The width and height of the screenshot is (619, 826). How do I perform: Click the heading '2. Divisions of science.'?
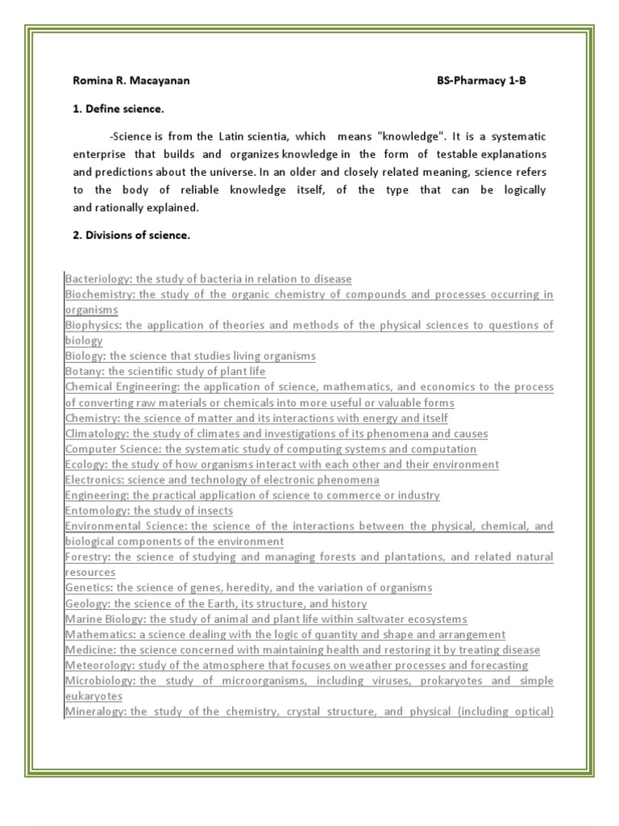[x=131, y=235]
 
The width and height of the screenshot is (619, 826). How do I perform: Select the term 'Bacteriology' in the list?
[x=96, y=279]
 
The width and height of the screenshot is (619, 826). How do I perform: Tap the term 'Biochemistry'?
[x=99, y=294]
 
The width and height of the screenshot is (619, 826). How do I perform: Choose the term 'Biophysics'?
[x=93, y=325]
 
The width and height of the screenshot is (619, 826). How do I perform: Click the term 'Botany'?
[x=84, y=371]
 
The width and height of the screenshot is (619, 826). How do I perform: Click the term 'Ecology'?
[x=85, y=464]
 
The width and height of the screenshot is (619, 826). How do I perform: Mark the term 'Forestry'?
[x=88, y=557]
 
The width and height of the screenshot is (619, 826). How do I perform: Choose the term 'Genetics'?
[x=88, y=588]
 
